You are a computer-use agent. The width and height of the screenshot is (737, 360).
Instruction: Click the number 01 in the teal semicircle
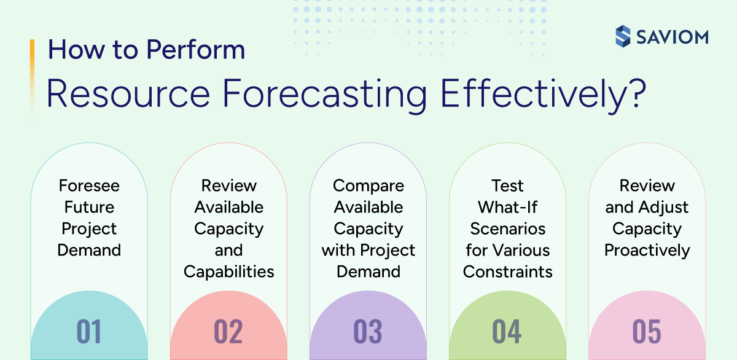click(x=89, y=331)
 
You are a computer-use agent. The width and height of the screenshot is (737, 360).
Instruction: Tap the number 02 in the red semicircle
click(x=228, y=331)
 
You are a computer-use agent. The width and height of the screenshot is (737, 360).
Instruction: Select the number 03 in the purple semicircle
click(x=368, y=331)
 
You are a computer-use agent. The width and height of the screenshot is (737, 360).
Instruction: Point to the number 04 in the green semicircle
click(x=507, y=331)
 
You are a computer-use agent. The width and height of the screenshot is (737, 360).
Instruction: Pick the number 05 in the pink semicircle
click(x=647, y=331)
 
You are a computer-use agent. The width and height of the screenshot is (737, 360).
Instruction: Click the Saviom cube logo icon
click(x=623, y=36)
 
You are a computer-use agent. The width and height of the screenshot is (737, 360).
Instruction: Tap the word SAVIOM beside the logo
click(x=672, y=36)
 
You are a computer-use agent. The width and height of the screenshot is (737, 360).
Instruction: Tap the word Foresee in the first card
click(x=89, y=186)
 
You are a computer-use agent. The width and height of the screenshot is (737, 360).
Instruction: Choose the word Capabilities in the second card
click(x=228, y=272)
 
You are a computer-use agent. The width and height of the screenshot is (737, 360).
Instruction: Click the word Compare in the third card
click(x=368, y=186)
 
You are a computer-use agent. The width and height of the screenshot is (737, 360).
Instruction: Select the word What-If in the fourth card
click(x=507, y=207)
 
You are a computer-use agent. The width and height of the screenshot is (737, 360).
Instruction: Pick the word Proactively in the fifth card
click(x=647, y=250)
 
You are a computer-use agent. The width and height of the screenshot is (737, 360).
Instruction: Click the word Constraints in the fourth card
click(x=507, y=272)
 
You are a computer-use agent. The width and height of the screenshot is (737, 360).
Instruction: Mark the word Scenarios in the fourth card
click(x=507, y=229)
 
